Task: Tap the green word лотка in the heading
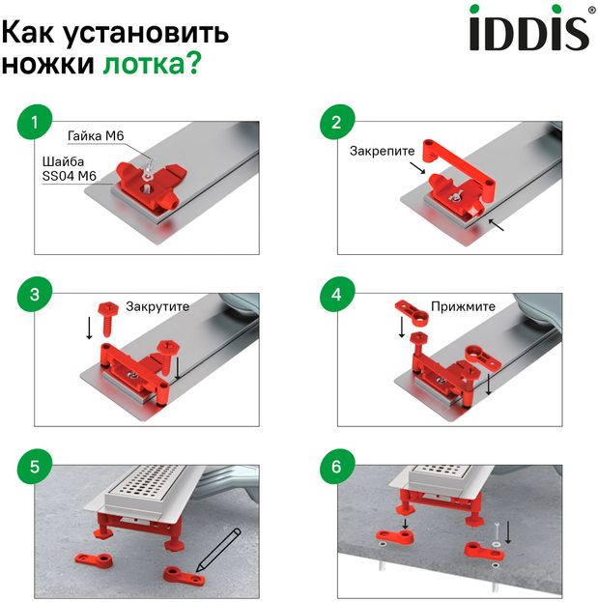pyautogui.click(x=144, y=64)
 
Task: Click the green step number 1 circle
pyautogui.click(x=35, y=123)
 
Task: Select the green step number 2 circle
pyautogui.click(x=337, y=122)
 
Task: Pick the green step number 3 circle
pyautogui.click(x=35, y=295)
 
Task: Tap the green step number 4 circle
pyautogui.click(x=337, y=295)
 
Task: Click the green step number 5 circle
pyautogui.click(x=35, y=467)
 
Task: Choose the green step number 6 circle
pyautogui.click(x=337, y=467)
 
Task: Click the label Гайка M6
pyautogui.click(x=96, y=136)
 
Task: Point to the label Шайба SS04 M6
pyautogui.click(x=70, y=168)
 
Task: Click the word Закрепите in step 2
pyautogui.click(x=382, y=152)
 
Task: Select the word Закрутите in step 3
pyautogui.click(x=157, y=306)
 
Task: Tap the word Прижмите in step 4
pyautogui.click(x=463, y=306)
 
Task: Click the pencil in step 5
pyautogui.click(x=218, y=550)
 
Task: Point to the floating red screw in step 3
pyautogui.click(x=108, y=319)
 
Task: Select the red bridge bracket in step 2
pyautogui.click(x=457, y=165)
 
